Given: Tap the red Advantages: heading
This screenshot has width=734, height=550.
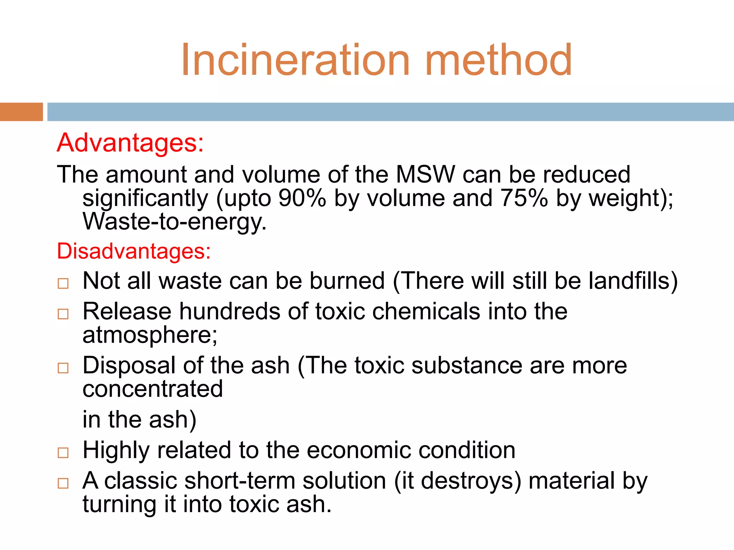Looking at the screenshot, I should click(130, 143).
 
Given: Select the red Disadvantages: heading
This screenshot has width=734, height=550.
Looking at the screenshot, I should click(134, 251).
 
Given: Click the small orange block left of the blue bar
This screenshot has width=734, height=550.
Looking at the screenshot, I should click(21, 112).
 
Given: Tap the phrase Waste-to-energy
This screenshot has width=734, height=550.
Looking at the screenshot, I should click(175, 222).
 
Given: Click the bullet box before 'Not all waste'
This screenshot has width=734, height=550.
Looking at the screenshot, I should click(63, 284).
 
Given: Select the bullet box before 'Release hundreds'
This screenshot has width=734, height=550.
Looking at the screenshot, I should click(63, 314).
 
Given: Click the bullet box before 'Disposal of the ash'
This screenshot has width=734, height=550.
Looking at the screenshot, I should click(63, 368).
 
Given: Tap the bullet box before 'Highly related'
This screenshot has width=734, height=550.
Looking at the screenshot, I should click(63, 453).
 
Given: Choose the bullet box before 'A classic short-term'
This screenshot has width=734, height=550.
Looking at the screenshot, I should click(63, 483).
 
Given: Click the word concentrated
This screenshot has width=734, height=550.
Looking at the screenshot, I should click(153, 389).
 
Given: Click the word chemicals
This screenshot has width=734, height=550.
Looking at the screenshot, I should click(426, 312).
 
